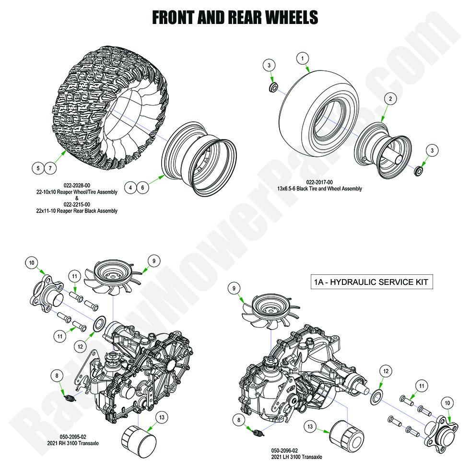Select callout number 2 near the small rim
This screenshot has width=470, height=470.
[x=390, y=99]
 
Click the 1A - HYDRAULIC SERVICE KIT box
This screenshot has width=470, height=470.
[x=371, y=282]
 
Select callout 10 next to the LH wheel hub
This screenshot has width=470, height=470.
[x=447, y=404]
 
